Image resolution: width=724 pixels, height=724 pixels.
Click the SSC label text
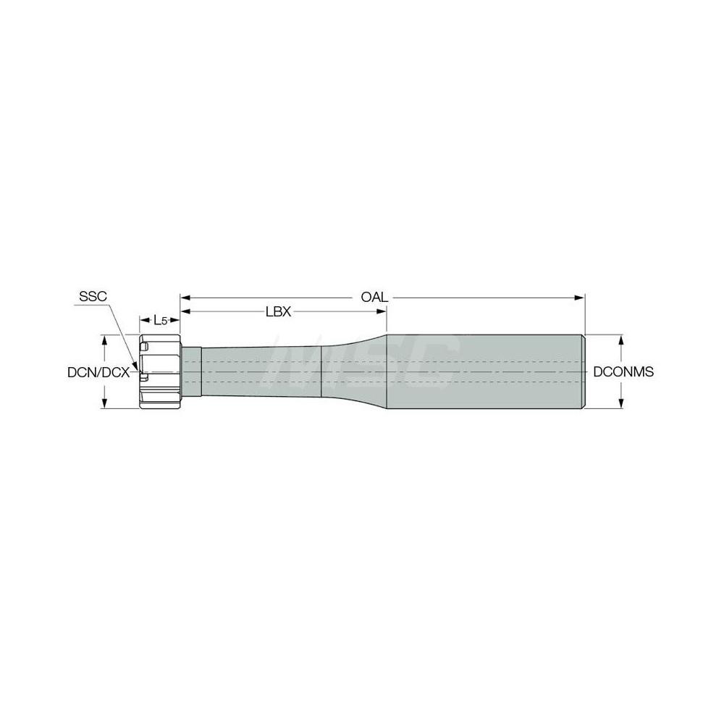coord(93,297)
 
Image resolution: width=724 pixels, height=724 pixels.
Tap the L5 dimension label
coord(159,320)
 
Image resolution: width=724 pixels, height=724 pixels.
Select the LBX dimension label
coord(278,312)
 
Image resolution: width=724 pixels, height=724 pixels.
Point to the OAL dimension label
coord(375,297)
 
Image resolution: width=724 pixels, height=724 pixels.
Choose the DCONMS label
coord(623,372)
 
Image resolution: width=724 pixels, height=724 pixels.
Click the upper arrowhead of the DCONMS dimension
coord(620,339)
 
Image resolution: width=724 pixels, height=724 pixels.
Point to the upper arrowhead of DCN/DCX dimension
coord(106,339)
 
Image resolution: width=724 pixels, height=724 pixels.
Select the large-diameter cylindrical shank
coord(485,372)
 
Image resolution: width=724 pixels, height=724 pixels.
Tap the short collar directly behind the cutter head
coord(190,372)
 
